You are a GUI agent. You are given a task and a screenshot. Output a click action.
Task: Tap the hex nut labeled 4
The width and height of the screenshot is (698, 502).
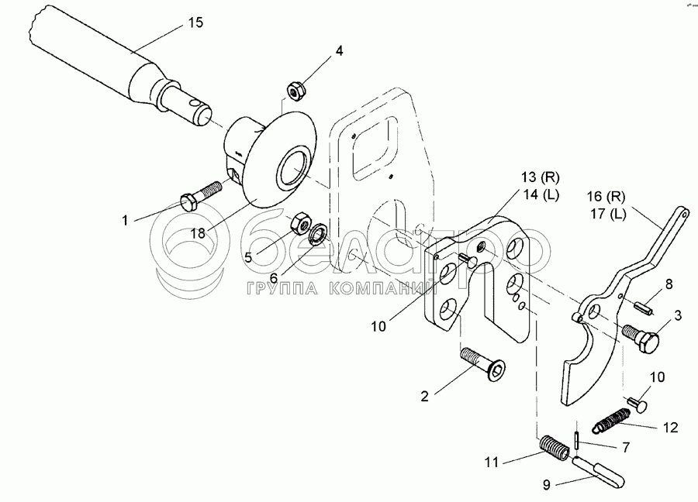click(x=295, y=91)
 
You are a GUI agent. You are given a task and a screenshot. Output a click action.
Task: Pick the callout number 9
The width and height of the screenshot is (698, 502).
click(x=548, y=485)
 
